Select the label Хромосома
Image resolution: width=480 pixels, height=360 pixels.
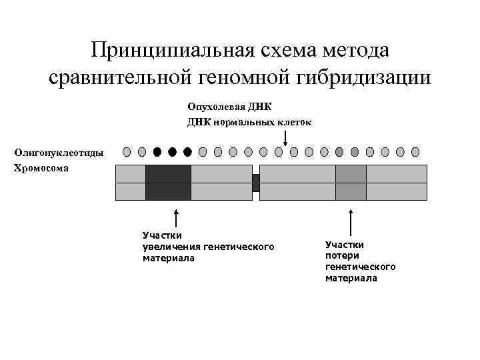tap(41, 169)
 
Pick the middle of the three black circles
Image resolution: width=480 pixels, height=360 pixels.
tap(172, 152)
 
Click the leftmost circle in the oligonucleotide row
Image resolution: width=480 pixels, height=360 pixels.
tap(127, 152)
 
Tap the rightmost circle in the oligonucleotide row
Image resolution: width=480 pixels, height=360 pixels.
tap(415, 152)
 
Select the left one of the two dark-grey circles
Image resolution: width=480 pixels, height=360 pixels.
tap(339, 152)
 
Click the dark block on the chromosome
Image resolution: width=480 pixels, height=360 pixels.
tap(168, 183)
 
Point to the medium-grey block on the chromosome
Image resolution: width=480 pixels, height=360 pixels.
tap(351, 183)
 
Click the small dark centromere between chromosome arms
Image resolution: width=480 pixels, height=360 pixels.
tap(255, 183)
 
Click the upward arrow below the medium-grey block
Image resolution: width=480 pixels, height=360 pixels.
tap(351, 220)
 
